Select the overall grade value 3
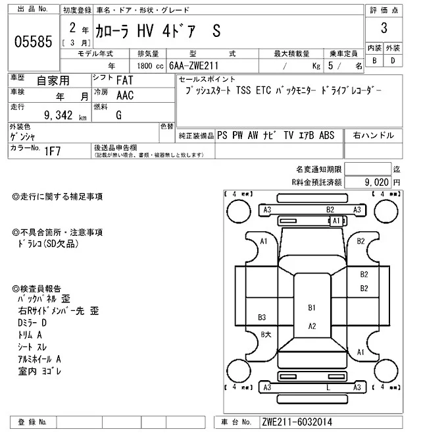(383, 29)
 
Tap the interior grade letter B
(374, 61)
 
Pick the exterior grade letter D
(393, 61)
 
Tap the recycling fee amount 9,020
(377, 181)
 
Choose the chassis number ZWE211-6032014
(296, 421)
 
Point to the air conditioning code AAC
(124, 96)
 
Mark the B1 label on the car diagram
(312, 308)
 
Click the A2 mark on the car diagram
(312, 325)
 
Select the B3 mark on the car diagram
(262, 316)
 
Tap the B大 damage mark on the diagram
(266, 334)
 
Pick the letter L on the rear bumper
(328, 387)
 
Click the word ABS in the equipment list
(327, 135)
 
